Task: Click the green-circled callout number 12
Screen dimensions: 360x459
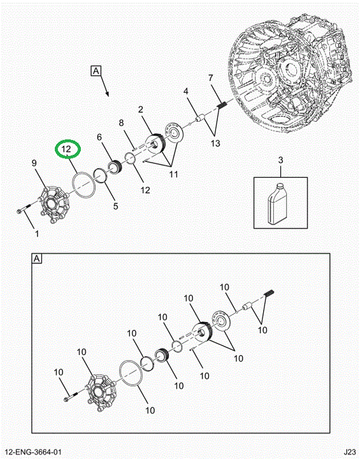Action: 66,149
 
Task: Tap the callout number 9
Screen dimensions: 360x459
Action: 34,163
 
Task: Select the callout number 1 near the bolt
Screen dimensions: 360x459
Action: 37,234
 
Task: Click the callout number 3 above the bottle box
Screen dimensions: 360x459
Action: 281,160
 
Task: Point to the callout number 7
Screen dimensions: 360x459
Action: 211,78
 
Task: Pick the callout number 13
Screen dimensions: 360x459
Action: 215,143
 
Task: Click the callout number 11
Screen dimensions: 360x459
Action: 173,174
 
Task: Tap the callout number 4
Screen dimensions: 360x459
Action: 186,91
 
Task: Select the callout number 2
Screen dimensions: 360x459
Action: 141,110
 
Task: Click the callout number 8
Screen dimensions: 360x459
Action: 122,123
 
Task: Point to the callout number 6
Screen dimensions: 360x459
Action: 99,136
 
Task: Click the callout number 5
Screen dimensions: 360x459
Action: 115,206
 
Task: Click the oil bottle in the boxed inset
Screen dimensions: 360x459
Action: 277,203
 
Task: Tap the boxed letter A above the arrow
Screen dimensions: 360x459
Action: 96,71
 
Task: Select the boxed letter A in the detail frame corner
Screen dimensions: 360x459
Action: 36,258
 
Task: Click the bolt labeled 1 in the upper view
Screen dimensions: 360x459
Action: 24,208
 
